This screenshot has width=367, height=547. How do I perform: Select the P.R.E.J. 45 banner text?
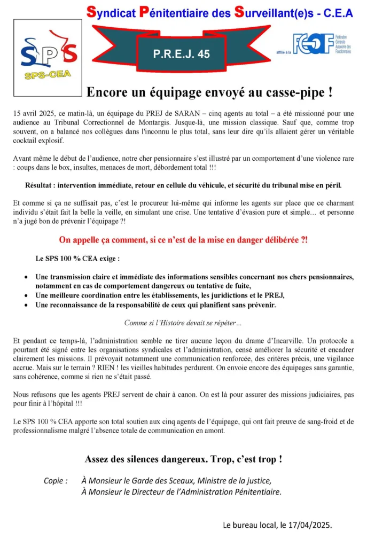coord(182,54)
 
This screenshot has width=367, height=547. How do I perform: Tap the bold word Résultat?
coord(42,186)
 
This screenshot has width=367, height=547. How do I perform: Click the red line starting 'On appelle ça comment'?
coord(183,240)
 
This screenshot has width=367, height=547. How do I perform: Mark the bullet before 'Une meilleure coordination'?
coord(27,295)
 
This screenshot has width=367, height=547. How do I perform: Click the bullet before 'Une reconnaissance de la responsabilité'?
coord(27,305)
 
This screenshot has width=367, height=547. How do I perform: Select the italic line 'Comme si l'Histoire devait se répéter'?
coord(183,323)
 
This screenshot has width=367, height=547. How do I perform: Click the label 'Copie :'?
coord(56,480)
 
